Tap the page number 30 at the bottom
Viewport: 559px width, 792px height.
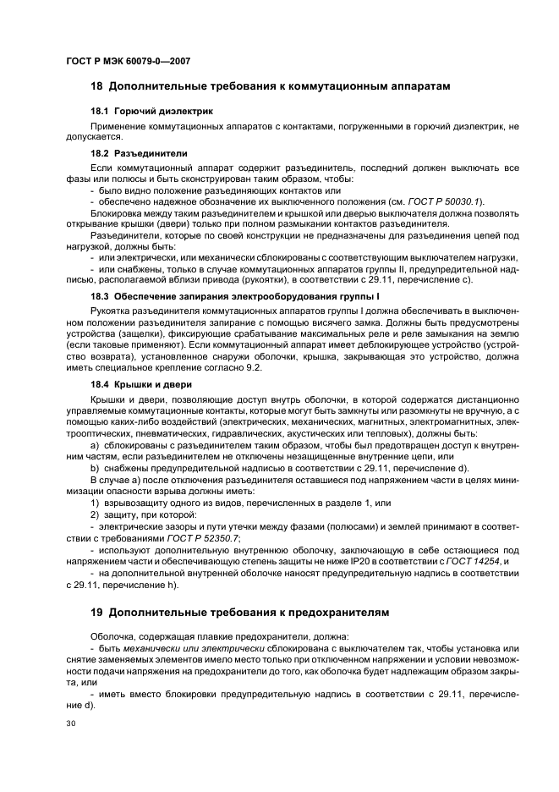(x=71, y=723)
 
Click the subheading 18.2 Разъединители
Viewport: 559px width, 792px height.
(x=139, y=153)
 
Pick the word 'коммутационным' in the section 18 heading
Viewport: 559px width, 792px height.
(x=331, y=86)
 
